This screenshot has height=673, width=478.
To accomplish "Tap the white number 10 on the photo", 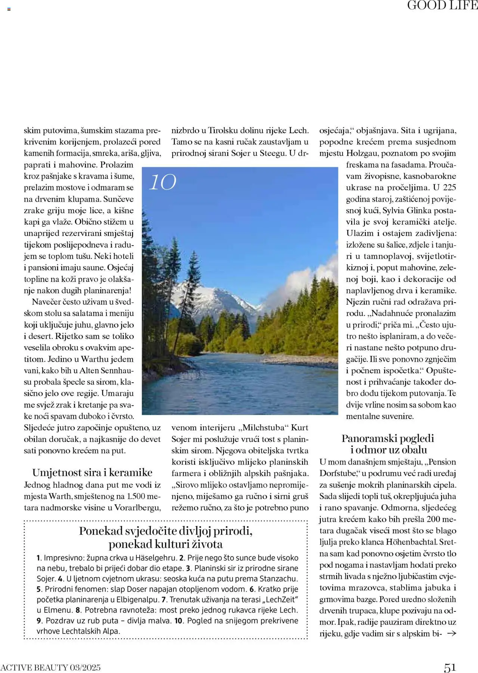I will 162,182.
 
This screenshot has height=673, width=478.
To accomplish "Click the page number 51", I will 450,667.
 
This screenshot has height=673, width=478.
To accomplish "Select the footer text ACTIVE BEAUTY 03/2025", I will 50,667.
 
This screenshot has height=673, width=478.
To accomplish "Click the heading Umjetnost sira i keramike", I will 92,473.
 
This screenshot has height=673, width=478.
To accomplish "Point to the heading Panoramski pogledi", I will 388,438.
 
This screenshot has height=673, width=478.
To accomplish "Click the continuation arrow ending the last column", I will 451,633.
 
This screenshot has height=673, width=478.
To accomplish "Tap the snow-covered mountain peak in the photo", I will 209,293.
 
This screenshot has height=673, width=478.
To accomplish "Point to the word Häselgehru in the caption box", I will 155,558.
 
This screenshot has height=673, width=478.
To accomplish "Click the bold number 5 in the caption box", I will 39,589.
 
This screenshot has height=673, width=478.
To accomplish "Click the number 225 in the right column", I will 449,188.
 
